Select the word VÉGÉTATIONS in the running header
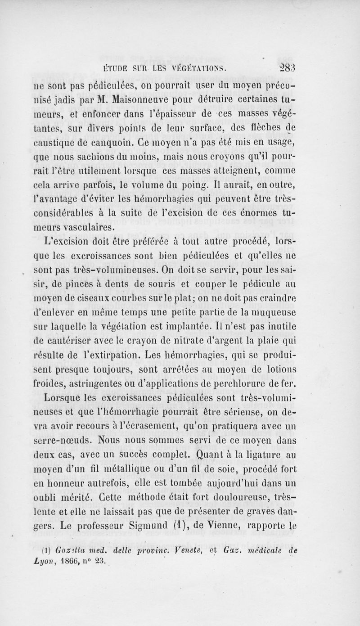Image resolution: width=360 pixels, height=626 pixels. click(207, 69)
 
